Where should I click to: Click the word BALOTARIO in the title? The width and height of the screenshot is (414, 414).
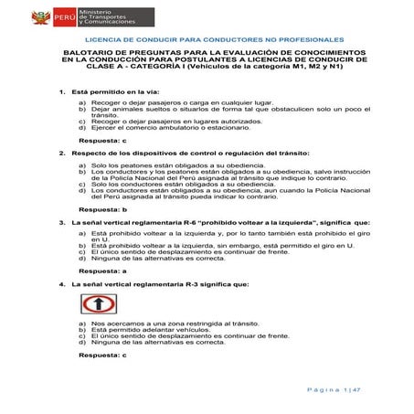[x=90, y=55]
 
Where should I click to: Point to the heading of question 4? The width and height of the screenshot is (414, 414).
[x=160, y=284]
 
